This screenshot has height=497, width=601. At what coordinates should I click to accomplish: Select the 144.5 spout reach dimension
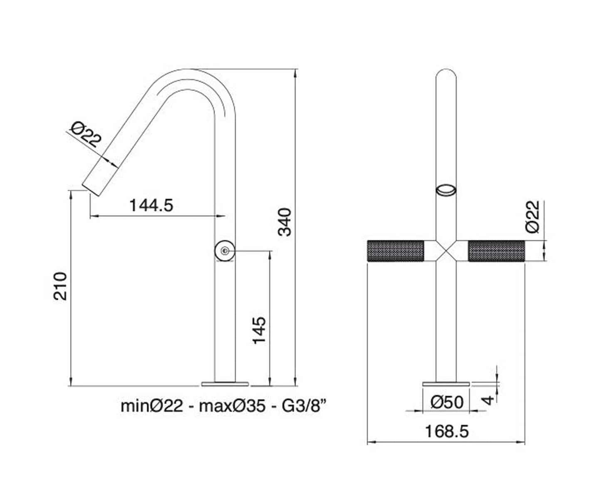pos(151,205)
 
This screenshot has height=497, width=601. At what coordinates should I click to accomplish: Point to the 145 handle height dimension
pos(260,331)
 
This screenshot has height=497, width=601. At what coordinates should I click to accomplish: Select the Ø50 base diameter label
pos(447,402)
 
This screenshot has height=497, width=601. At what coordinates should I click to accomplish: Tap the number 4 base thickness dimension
pos(490,400)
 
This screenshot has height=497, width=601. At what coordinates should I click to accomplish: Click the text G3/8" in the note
pos(303,406)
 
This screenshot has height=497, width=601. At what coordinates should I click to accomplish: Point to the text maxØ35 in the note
pos(232,406)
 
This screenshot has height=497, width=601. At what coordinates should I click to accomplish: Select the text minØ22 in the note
pos(152,406)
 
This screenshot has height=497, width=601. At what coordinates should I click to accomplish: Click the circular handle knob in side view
pos(225,251)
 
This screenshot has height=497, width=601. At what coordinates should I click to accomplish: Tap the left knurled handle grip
pos(395,251)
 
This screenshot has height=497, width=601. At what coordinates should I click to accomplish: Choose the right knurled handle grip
pos(497,251)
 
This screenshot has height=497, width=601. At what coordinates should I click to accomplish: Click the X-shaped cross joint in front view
pos(446,251)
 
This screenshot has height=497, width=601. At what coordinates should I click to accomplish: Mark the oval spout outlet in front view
pos(446,190)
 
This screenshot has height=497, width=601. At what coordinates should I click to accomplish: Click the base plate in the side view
pos(225,383)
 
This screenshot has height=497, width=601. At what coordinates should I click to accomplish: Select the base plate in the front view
pos(446,383)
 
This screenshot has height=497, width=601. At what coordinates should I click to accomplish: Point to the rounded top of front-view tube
pos(446,75)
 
